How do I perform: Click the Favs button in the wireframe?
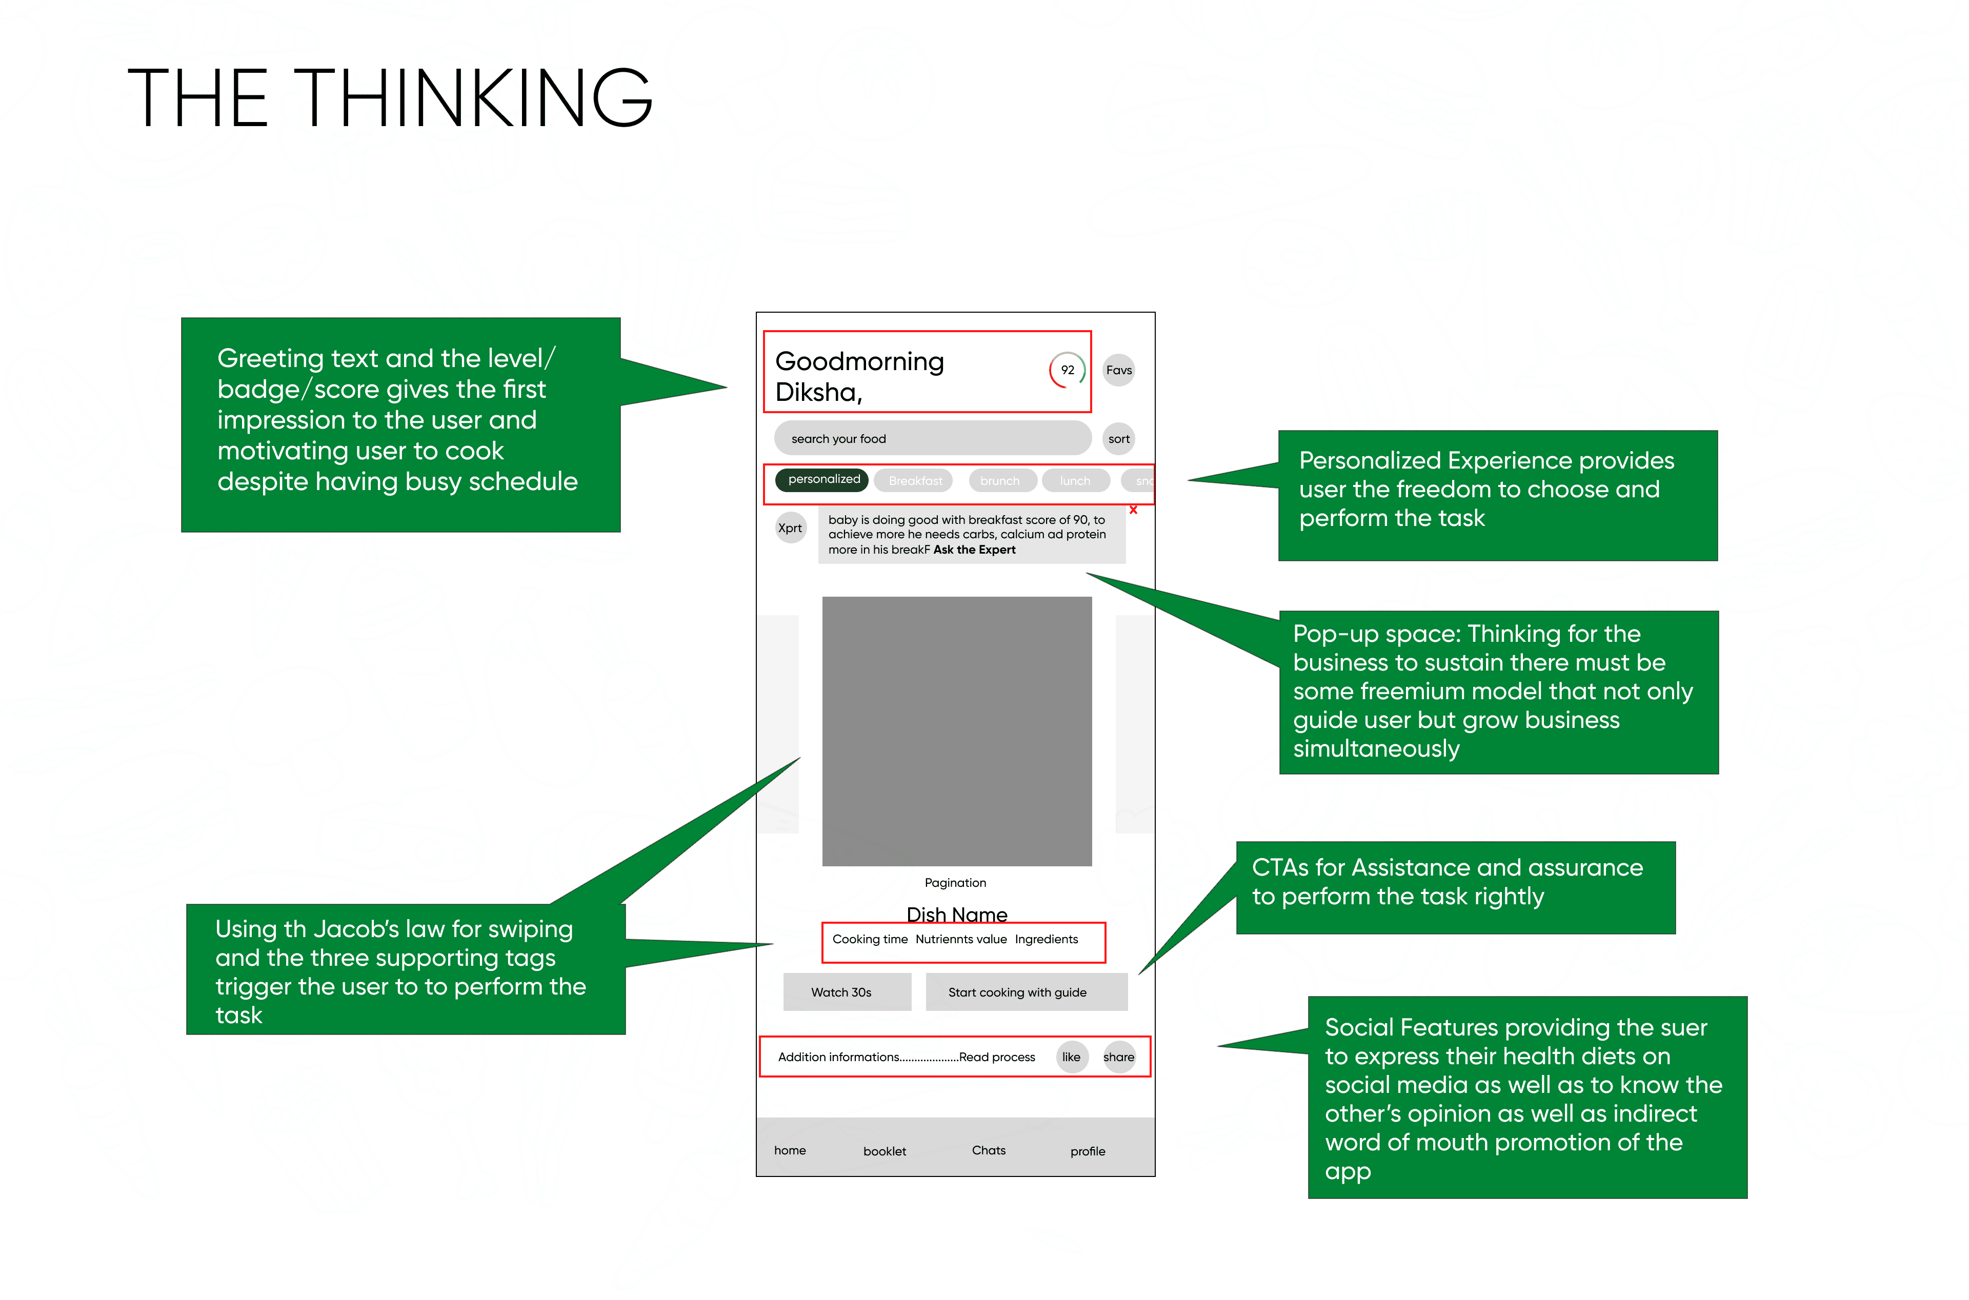click(1118, 370)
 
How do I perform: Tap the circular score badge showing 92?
click(1067, 370)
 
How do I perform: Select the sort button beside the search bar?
click(1118, 439)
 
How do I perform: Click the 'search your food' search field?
click(932, 439)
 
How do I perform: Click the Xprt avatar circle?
click(790, 528)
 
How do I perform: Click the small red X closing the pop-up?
click(1133, 510)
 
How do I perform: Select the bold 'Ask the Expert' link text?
click(974, 550)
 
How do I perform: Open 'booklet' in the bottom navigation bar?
click(885, 1151)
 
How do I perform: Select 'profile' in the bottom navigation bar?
click(1087, 1151)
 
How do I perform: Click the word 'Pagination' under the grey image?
click(955, 883)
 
